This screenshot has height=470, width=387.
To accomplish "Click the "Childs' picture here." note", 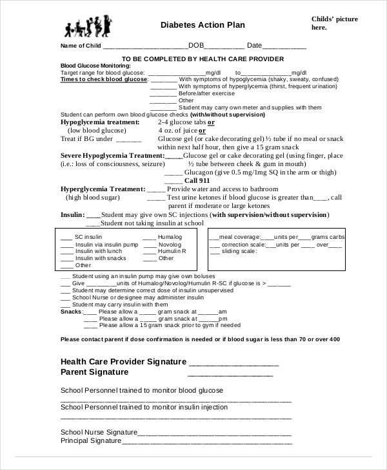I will [334, 23].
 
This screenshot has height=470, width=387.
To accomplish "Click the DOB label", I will [196, 46].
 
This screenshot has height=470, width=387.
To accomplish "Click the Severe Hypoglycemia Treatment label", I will [112, 156].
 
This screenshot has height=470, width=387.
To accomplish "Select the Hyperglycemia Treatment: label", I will [103, 189].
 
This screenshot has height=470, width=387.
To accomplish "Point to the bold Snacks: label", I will [71, 312].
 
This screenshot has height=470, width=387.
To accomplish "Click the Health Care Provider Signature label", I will [123, 361].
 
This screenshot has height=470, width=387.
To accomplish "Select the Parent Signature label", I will [94, 372].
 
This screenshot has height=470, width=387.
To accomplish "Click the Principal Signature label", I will [91, 441].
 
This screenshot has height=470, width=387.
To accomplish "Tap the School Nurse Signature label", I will [99, 431].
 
